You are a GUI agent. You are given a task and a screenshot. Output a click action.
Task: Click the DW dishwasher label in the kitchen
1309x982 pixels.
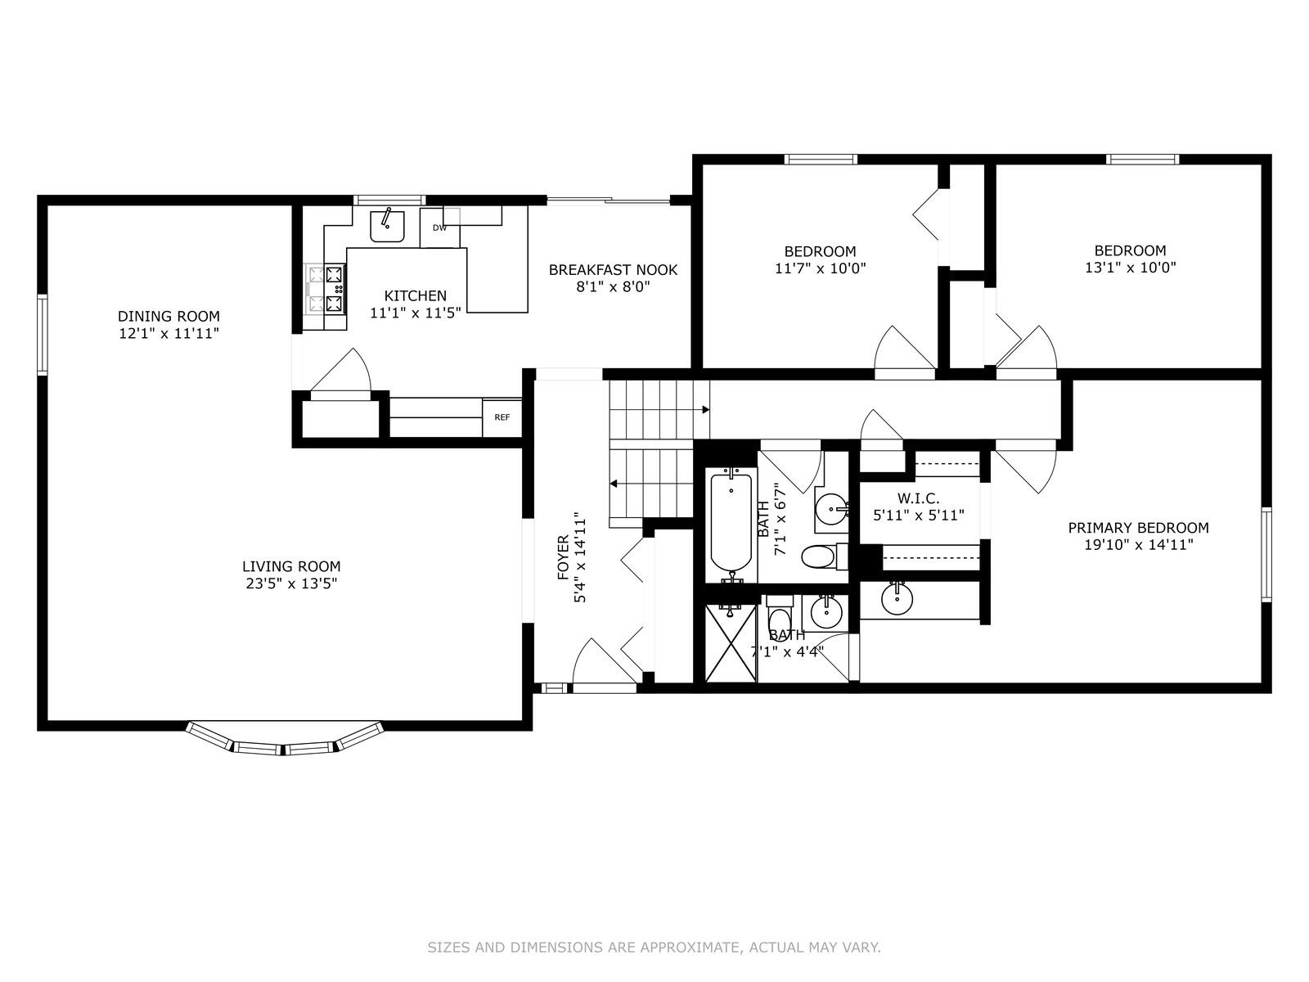[439, 227]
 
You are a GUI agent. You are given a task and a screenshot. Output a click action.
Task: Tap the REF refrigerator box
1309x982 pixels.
[502, 417]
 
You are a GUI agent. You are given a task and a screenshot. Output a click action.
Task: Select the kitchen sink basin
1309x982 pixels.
[387, 227]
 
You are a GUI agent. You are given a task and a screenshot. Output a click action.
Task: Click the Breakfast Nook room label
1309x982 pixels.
[613, 270]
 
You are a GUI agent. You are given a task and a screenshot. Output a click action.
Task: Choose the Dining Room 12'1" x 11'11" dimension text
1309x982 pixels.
[169, 333]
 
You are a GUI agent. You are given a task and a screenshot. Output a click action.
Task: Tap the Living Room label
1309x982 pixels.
[291, 565]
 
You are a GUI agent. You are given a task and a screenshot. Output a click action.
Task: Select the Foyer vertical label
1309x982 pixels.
[563, 557]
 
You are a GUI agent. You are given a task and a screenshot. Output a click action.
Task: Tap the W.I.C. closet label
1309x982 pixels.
[919, 498]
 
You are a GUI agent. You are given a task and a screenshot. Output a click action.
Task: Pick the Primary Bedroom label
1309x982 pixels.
[1139, 528]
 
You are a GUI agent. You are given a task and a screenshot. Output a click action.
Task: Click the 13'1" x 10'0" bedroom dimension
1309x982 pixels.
[1130, 267]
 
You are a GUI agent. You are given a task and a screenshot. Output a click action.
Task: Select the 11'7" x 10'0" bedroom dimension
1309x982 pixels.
[820, 268]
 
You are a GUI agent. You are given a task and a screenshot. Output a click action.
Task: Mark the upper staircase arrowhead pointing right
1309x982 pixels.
[705, 410]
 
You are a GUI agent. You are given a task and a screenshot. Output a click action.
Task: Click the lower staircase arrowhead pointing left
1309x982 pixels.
[613, 484]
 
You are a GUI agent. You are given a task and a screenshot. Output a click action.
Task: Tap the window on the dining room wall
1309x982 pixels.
[42, 335]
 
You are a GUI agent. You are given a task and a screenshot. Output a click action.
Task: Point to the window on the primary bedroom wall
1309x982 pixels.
[1266, 555]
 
